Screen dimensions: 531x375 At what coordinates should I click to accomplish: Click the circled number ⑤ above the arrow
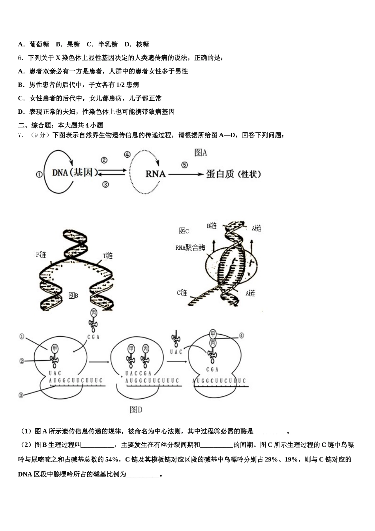coord(184,165)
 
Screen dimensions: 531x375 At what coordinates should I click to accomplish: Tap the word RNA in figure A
coord(156,174)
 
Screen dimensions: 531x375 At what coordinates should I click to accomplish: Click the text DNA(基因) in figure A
coord(75,173)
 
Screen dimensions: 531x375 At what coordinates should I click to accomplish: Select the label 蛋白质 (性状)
coord(233,174)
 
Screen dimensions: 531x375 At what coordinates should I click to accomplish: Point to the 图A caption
coord(201,153)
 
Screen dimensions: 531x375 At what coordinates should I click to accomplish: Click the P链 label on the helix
coord(41,255)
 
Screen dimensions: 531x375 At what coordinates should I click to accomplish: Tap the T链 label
coord(108,256)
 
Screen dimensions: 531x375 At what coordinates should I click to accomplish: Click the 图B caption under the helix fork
coord(73,295)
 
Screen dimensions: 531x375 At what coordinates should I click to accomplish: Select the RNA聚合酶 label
coord(190,248)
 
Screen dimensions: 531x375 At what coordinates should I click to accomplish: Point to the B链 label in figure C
coord(212,226)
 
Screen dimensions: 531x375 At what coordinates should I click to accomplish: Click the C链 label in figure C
coord(182,293)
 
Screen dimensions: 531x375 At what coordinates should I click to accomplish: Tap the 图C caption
coord(184,231)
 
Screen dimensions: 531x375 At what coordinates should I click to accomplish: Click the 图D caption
coord(136,410)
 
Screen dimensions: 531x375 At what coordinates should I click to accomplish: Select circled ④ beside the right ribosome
coord(241,336)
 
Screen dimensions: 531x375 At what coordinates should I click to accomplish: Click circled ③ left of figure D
coord(21,395)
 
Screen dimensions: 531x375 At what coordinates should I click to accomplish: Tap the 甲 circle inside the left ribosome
coord(55,348)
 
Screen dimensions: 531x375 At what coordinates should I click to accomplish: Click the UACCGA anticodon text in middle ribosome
coord(138,373)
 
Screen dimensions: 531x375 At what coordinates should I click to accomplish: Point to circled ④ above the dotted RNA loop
coord(127,154)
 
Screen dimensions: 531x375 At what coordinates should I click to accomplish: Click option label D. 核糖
coord(137,44)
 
